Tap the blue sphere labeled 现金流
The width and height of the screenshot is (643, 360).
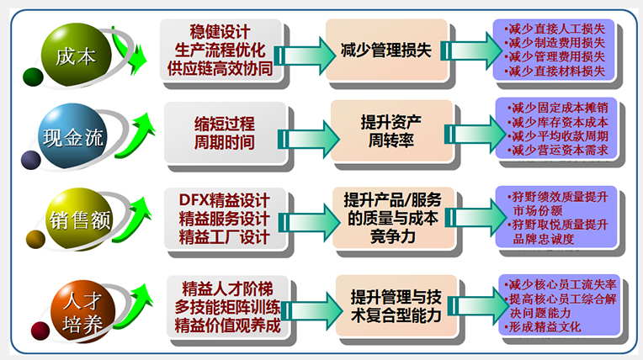(73, 135)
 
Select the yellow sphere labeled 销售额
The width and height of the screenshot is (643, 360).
(77, 220)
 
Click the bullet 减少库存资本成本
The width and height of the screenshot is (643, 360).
(559, 122)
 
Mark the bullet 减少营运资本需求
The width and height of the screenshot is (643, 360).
(559, 151)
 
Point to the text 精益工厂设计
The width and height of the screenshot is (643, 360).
(225, 237)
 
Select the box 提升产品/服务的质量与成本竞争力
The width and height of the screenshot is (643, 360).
(392, 219)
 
